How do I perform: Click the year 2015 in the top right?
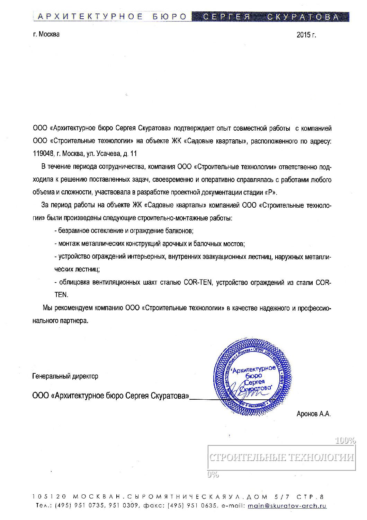(304, 35)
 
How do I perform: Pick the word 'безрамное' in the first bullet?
(73, 231)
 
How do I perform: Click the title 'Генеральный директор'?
(65, 376)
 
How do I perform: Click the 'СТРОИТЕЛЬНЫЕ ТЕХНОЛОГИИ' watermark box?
(281, 457)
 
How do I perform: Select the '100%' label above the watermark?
(345, 441)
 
